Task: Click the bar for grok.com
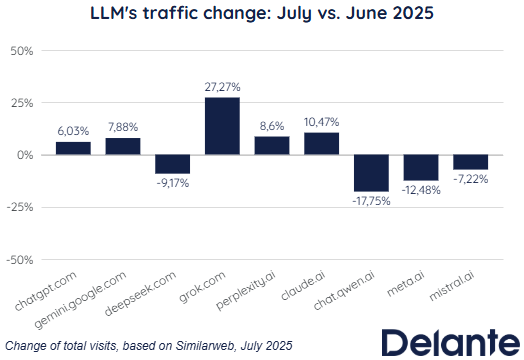(x=222, y=126)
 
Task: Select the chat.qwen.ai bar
(x=371, y=173)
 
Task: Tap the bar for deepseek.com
(x=172, y=164)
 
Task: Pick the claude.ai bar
(x=321, y=144)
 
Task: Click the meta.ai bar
(x=421, y=167)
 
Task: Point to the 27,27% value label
(x=222, y=87)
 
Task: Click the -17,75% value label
(x=371, y=201)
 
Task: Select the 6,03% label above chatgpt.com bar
(x=73, y=131)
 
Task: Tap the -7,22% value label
(x=471, y=179)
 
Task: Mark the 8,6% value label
(x=272, y=126)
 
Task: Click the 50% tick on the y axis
(x=22, y=51)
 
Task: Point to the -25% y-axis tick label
(x=20, y=208)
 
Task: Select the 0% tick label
(x=25, y=155)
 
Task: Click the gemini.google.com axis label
(x=80, y=300)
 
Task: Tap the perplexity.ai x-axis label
(x=246, y=290)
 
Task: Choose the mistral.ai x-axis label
(x=451, y=285)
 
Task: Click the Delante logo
(x=451, y=342)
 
